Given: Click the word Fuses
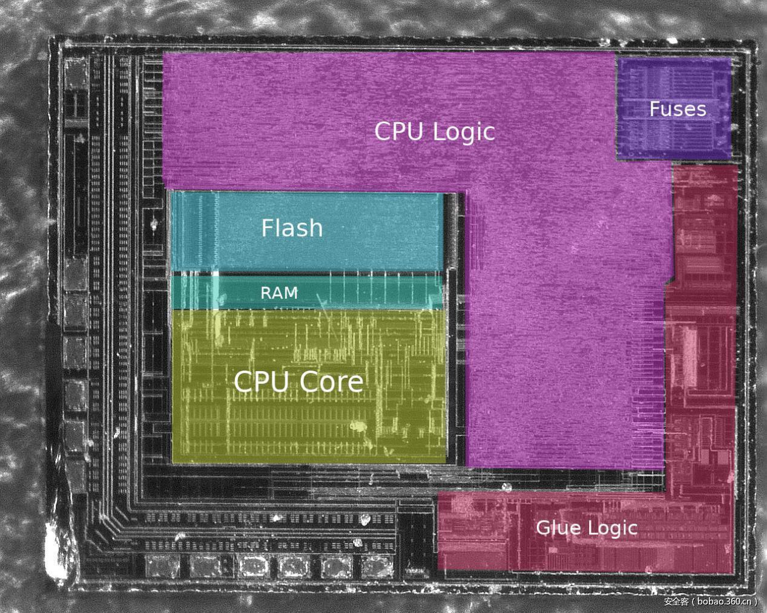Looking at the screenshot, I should click(677, 109).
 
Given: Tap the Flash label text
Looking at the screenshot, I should click(292, 228).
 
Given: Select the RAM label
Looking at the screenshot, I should click(279, 293).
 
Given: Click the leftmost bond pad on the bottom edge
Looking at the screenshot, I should click(163, 567).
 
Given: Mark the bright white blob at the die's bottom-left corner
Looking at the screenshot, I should click(58, 559).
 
